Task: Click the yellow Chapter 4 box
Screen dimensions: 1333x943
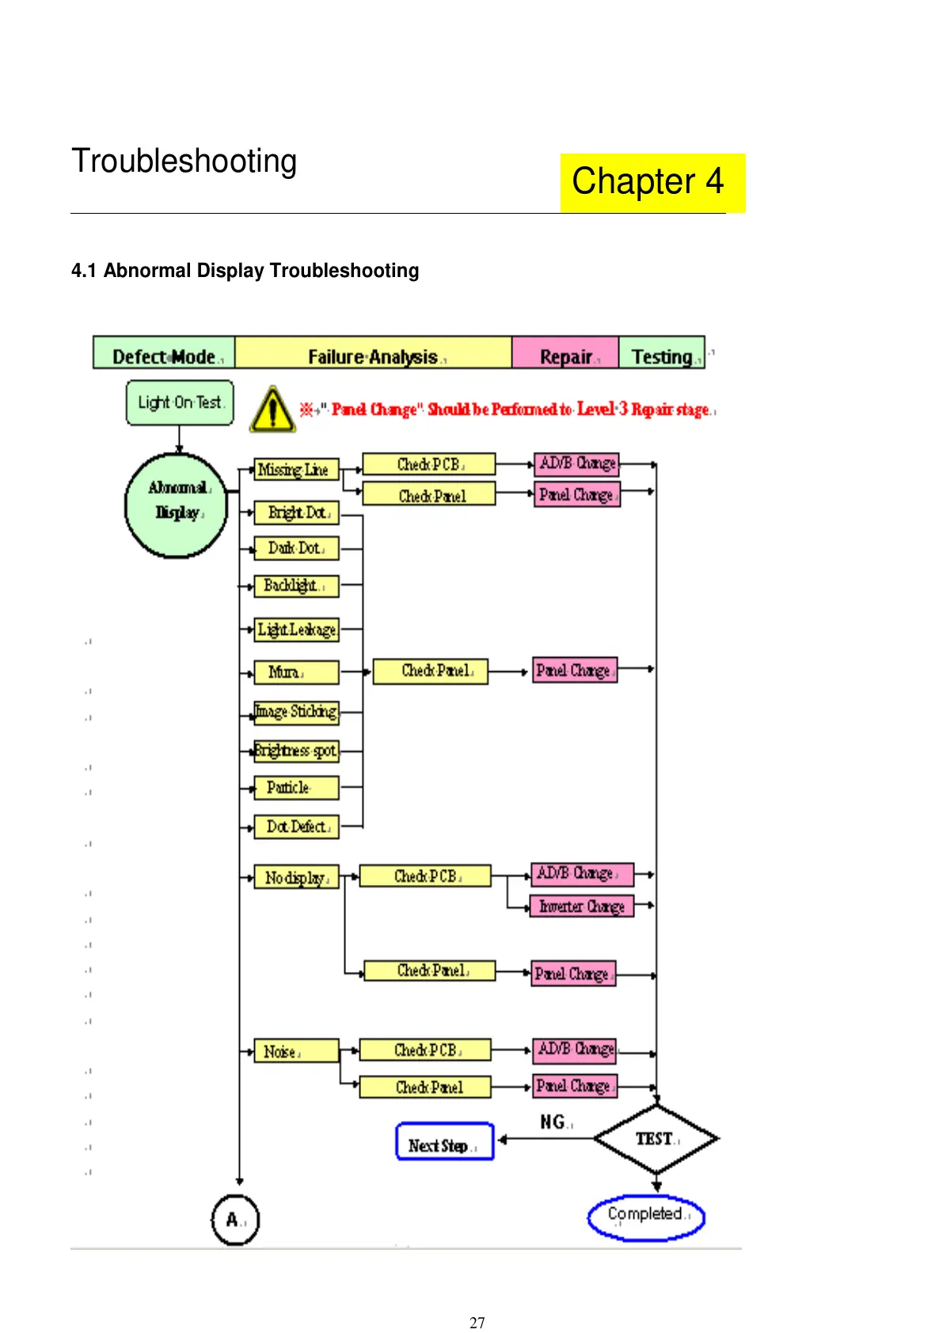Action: pos(652,182)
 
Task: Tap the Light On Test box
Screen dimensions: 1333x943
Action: pos(180,403)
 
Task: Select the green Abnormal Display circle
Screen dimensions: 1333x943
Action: pos(177,504)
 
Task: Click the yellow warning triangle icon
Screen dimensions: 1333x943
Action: pos(272,410)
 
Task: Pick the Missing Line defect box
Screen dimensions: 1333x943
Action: pos(296,469)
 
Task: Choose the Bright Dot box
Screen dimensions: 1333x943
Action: pos(296,513)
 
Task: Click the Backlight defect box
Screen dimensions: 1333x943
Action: pos(296,586)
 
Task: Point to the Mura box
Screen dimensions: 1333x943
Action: pos(296,672)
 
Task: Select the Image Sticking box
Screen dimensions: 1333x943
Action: pos(296,712)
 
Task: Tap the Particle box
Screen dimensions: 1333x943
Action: pos(296,788)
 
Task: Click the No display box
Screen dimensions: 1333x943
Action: pos(296,877)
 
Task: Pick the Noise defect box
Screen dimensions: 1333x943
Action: pos(296,1051)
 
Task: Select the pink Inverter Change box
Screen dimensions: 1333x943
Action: pos(582,906)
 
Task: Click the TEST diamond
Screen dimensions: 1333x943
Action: pos(656,1139)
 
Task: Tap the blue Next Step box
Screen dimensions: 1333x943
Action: pos(445,1142)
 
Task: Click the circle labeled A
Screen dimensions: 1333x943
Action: pos(235,1219)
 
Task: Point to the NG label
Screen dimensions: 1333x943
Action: pos(553,1122)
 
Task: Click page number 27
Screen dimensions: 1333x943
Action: pos(477,1323)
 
